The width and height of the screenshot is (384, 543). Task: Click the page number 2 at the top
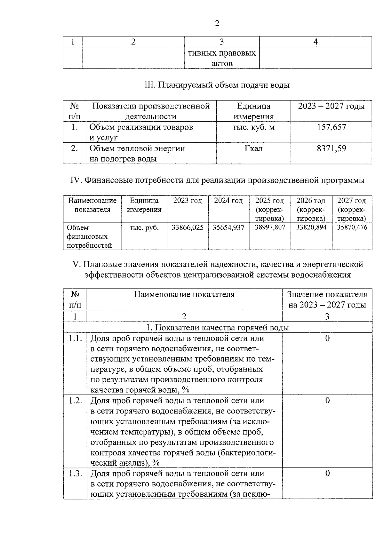pyautogui.click(x=217, y=23)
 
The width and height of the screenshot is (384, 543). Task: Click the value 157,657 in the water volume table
pyautogui.click(x=331, y=127)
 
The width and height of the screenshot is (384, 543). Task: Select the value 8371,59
pyautogui.click(x=331, y=148)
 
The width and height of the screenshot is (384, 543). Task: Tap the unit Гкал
pyautogui.click(x=253, y=148)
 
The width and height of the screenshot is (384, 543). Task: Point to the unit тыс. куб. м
pyautogui.click(x=253, y=127)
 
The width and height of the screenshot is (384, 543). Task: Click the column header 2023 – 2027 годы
pyautogui.click(x=331, y=106)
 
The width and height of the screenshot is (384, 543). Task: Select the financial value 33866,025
pyautogui.click(x=188, y=228)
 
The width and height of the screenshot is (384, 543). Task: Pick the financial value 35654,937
pyautogui.click(x=228, y=228)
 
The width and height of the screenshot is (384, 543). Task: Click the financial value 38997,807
pyautogui.click(x=270, y=228)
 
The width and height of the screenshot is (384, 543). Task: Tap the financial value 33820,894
pyautogui.click(x=311, y=228)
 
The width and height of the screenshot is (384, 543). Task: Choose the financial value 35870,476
pyautogui.click(x=352, y=228)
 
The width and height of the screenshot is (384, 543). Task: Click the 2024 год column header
pyautogui.click(x=228, y=201)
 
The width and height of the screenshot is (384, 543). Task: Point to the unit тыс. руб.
pyautogui.click(x=144, y=228)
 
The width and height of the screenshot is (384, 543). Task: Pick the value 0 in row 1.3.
pyautogui.click(x=327, y=473)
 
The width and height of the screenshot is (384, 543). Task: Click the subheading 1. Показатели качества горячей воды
pyautogui.click(x=218, y=328)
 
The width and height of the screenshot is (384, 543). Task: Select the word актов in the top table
pyautogui.click(x=222, y=63)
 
